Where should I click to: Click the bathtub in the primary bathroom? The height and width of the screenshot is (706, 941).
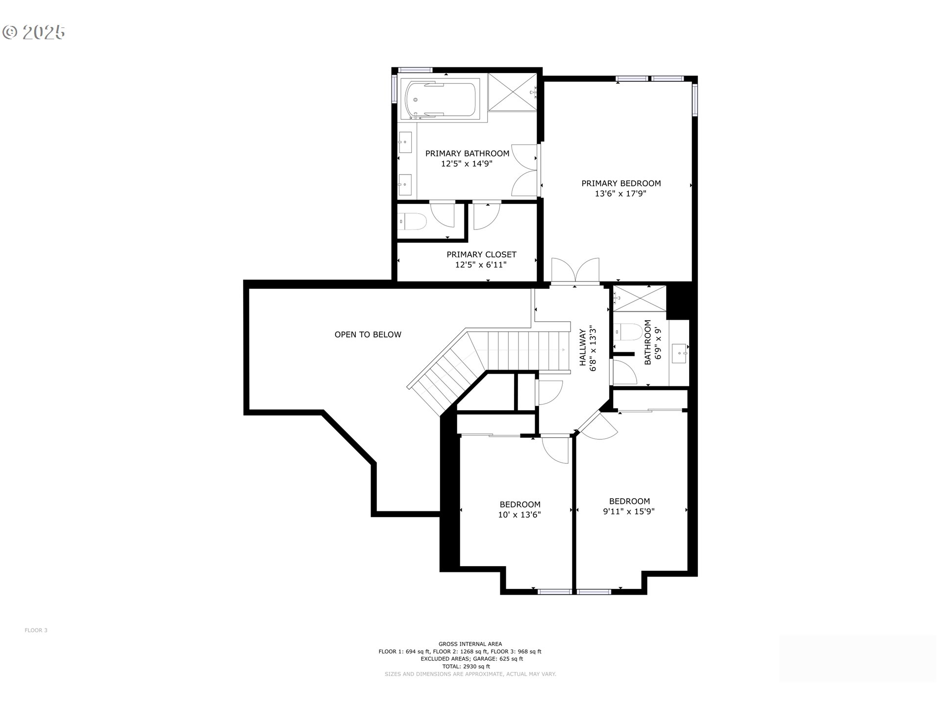(440, 100)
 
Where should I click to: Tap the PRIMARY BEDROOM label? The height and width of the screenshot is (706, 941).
(621, 183)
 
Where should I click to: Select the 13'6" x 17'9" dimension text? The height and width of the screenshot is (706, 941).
(620, 194)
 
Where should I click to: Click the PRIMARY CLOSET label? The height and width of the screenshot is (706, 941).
(481, 254)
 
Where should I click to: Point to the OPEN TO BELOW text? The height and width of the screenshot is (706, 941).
(368, 334)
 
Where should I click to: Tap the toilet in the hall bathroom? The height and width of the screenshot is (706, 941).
(628, 332)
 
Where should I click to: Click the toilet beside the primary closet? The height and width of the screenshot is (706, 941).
(412, 222)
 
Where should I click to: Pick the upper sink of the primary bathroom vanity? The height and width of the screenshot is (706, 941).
(405, 143)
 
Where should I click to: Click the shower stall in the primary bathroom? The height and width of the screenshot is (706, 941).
(513, 92)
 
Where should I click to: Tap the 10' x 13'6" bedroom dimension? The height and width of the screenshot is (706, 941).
(520, 515)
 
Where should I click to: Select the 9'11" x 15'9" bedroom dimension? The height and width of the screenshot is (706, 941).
(629, 511)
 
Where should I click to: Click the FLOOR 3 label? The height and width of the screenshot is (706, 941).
(36, 630)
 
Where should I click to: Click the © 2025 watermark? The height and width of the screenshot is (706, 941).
(33, 32)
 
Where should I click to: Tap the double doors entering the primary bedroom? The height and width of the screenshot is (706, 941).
(575, 271)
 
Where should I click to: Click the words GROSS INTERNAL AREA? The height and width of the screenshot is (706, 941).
(470, 644)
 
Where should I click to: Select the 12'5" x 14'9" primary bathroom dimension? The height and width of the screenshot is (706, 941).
(467, 164)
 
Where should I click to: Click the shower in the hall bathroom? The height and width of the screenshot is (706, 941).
(639, 298)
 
